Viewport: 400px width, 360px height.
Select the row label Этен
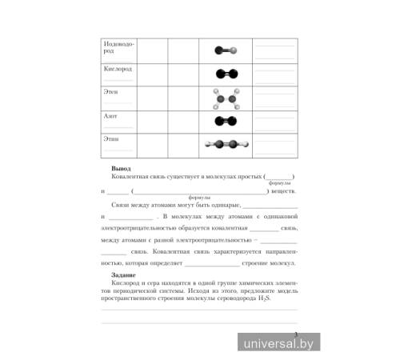(x=110, y=93)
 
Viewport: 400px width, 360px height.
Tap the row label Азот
(x=110, y=117)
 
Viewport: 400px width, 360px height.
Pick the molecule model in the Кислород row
(x=226, y=74)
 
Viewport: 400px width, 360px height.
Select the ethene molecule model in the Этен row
(x=226, y=98)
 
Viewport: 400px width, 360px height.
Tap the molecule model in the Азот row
(x=226, y=122)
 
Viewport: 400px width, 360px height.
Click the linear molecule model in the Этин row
(x=226, y=145)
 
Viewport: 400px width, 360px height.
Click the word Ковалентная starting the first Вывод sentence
(x=130, y=178)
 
